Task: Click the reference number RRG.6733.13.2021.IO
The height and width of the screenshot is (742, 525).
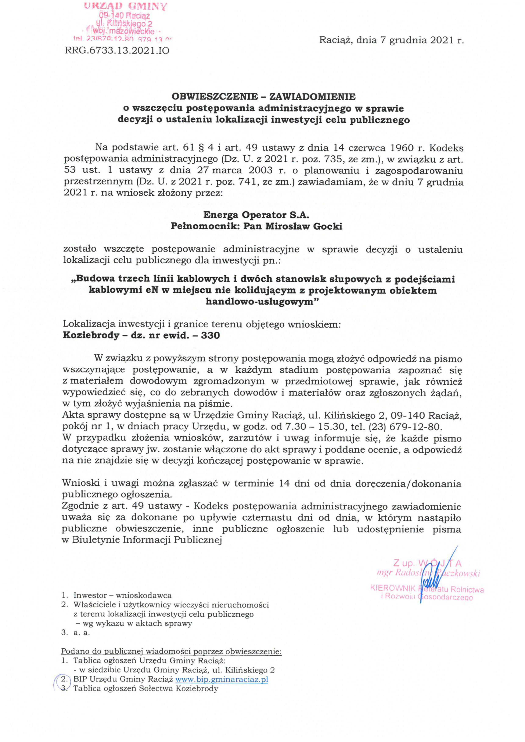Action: coord(117,51)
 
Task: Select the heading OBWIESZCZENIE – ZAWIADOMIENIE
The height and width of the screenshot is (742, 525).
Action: coord(263,97)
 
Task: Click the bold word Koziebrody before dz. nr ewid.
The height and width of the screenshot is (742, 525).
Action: coord(91,335)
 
